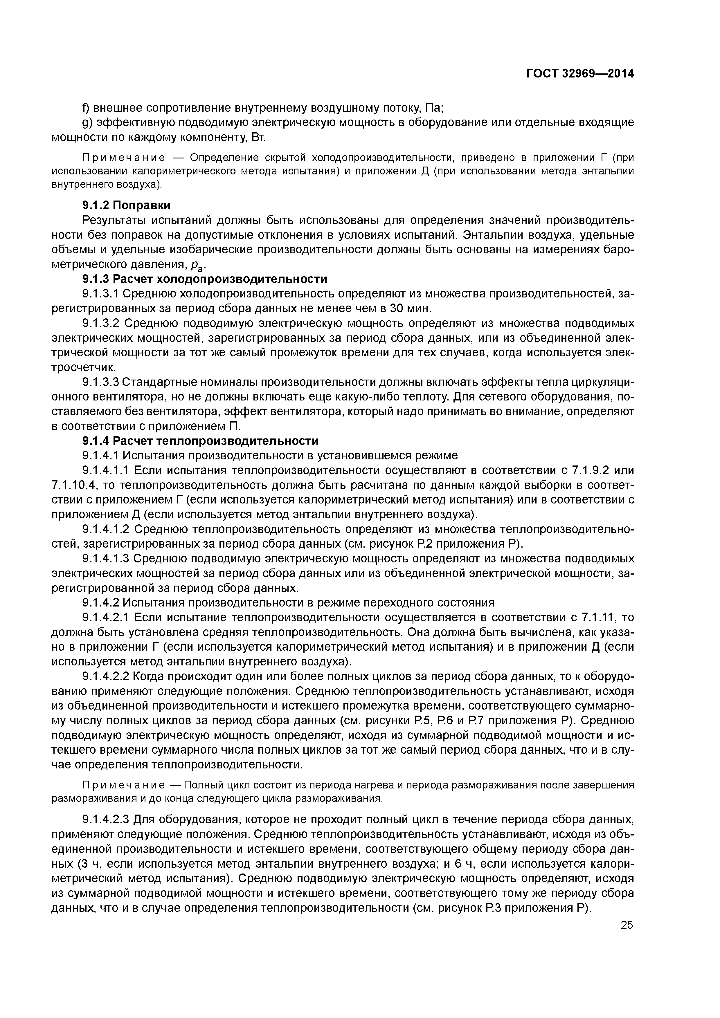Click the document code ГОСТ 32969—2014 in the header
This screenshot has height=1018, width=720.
(x=580, y=74)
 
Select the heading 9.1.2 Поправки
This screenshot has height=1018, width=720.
(x=126, y=205)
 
